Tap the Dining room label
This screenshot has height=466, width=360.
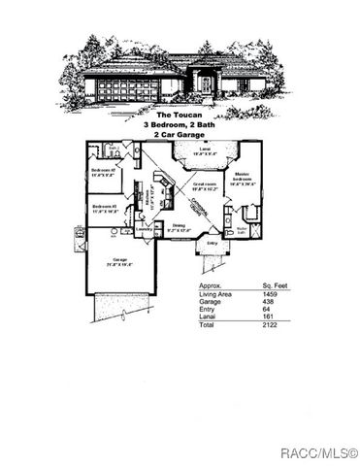click(177, 227)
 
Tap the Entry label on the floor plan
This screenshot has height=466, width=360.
click(213, 245)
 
